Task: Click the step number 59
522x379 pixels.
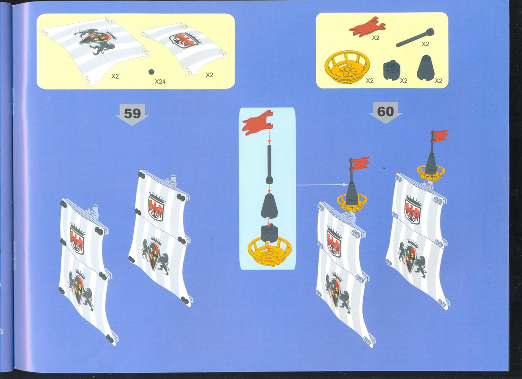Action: (132, 114)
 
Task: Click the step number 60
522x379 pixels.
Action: (385, 111)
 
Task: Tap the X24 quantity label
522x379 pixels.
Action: (160, 81)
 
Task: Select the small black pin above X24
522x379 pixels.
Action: (151, 72)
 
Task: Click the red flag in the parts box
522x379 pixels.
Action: (367, 26)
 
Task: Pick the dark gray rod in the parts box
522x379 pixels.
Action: (415, 37)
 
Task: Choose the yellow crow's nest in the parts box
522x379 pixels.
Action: (347, 66)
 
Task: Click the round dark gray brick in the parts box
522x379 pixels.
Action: (392, 70)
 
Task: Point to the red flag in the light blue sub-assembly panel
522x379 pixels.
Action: (257, 123)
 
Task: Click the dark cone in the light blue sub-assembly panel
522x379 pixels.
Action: (270, 206)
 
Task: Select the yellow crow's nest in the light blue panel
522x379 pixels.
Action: (270, 251)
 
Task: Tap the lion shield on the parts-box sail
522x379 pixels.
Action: (97, 41)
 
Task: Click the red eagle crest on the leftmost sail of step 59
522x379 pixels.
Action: (77, 239)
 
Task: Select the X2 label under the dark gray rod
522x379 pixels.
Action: (425, 44)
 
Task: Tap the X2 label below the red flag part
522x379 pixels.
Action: (375, 37)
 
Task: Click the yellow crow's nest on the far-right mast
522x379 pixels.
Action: (431, 173)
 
